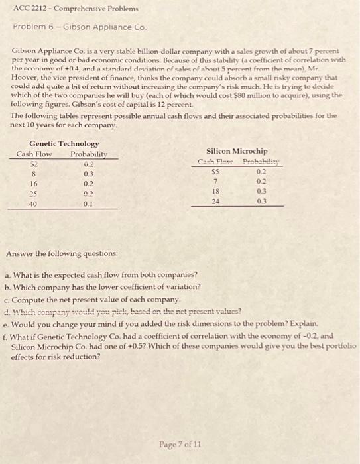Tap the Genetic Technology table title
(x=64, y=143)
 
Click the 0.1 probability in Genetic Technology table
(x=89, y=204)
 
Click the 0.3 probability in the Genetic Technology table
(x=89, y=174)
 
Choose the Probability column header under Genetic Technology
(x=89, y=154)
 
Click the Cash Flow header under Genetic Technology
(x=34, y=154)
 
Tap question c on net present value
(x=92, y=299)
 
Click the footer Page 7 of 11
(x=180, y=443)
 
